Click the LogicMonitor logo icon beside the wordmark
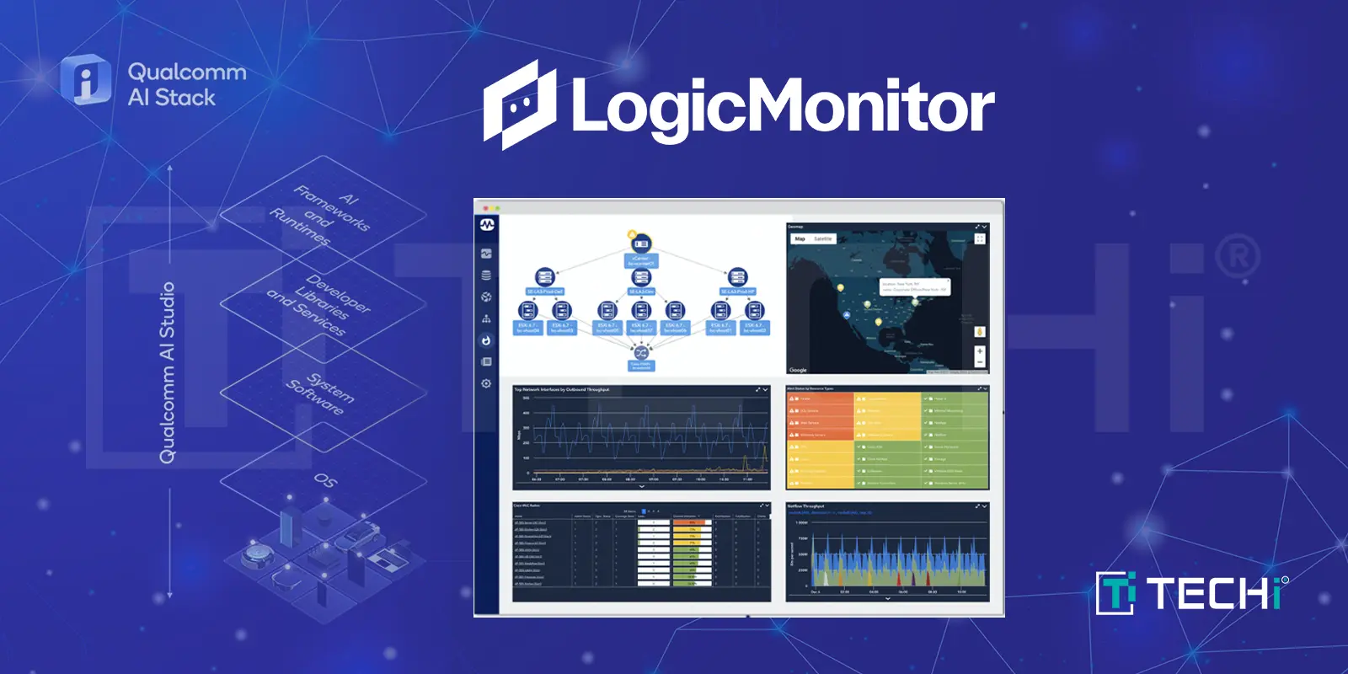[x=520, y=105]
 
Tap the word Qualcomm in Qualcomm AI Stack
[x=187, y=72]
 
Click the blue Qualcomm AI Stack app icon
[x=85, y=81]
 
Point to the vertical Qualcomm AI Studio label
[x=168, y=372]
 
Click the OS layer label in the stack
[x=324, y=480]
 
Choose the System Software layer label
[x=321, y=393]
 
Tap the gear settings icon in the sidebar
[x=486, y=383]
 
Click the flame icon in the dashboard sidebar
[x=486, y=340]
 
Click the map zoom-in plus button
[x=980, y=351]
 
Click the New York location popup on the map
[x=914, y=287]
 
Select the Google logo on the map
[x=798, y=370]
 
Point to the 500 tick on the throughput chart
[x=527, y=398]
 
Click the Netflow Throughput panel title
[x=806, y=506]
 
